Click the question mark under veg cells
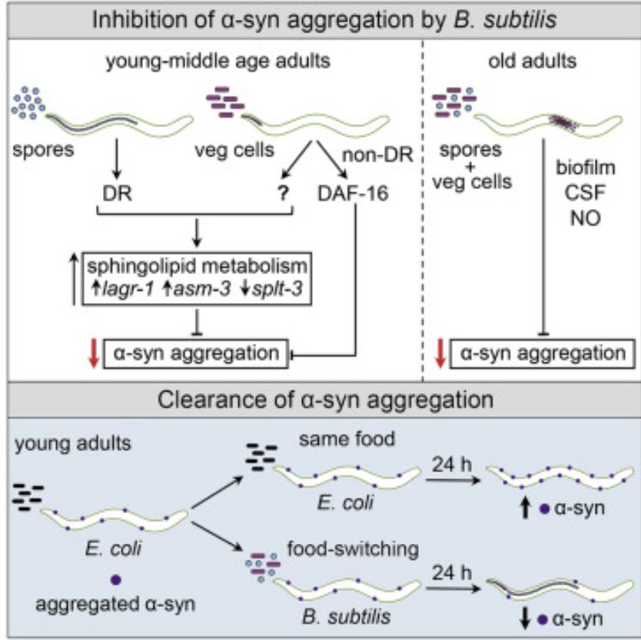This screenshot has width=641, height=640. [x=283, y=193]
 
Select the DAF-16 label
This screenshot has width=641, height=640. [x=353, y=193]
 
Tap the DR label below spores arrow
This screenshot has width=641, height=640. [x=117, y=193]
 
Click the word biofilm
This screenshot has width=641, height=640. [x=586, y=168]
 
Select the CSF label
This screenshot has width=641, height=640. [x=585, y=192]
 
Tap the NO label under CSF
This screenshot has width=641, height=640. [x=586, y=218]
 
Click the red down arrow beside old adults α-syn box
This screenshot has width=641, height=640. [x=440, y=353]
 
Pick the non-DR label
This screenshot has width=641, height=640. [x=377, y=155]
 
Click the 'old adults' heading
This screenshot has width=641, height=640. [x=533, y=61]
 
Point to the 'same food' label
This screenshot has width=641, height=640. [x=347, y=439]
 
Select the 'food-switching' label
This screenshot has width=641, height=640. [x=354, y=549]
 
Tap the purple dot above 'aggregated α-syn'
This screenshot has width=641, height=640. [x=116, y=580]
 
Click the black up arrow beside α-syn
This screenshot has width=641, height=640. [x=525, y=508]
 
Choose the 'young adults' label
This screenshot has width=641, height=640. [x=73, y=444]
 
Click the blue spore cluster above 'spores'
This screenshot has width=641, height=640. [x=28, y=103]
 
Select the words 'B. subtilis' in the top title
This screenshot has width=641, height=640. [x=505, y=19]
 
